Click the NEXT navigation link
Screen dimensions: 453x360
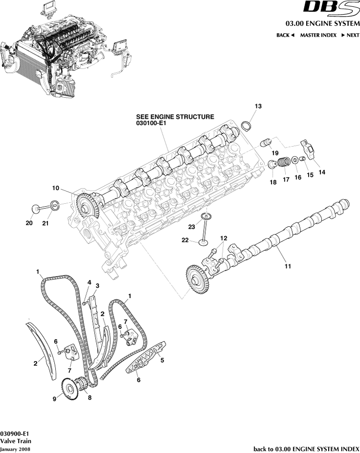point(350,35)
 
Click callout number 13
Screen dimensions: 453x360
point(258,106)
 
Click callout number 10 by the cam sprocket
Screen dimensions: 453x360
point(56,188)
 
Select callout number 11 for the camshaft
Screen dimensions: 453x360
point(288,266)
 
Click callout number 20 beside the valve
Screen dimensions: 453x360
point(29,223)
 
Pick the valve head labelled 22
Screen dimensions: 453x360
point(202,241)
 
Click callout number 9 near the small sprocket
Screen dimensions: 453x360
point(55,398)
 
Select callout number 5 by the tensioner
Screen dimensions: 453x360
point(162,361)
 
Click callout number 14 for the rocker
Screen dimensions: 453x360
point(322,172)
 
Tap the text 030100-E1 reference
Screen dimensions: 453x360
point(152,125)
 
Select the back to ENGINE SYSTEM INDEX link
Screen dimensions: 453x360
point(306,449)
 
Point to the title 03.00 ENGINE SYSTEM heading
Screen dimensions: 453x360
point(322,23)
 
